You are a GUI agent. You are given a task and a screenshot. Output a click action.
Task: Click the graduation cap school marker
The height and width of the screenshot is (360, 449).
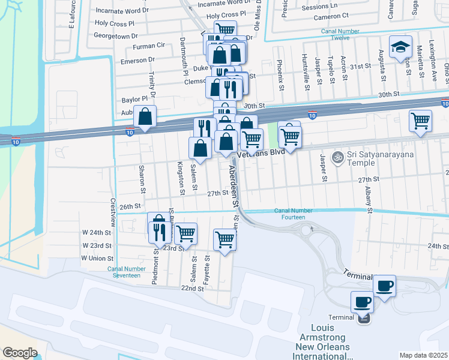pyautogui.click(x=400, y=47)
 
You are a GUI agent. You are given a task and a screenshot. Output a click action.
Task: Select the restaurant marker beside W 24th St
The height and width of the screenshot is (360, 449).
pyautogui.click(x=158, y=231)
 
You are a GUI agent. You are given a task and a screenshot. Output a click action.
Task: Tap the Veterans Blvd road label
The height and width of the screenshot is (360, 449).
pyautogui.click(x=260, y=154)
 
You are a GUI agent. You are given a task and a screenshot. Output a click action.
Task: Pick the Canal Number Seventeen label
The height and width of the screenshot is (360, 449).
pyautogui.click(x=124, y=272)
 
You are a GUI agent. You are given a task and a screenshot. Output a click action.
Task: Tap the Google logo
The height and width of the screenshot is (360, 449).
pyautogui.click(x=20, y=353)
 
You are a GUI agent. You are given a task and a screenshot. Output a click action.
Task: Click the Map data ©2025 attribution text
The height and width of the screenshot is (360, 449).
pyautogui.click(x=423, y=355)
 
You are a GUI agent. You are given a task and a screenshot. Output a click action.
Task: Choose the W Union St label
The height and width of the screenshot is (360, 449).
pyautogui.click(x=97, y=258)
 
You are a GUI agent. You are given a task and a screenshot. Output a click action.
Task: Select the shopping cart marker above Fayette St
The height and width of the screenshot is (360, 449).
pyautogui.click(x=225, y=240)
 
